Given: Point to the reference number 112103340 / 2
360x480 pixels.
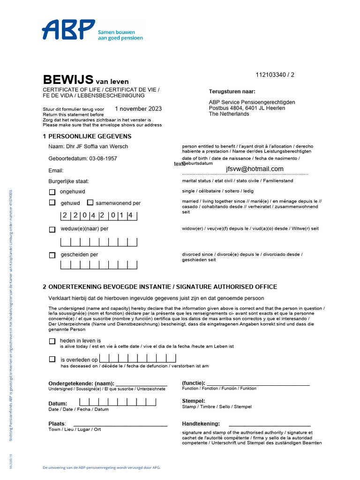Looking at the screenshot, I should point(275,75).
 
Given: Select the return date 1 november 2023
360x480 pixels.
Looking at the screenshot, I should point(138,109).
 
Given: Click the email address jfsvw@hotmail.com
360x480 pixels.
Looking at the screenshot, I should point(255,169).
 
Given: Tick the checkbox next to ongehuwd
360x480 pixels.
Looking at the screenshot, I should point(52,192).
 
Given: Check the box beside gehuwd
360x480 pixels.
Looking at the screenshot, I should point(52,203).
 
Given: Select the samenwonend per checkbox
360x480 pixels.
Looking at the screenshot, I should point(90,203).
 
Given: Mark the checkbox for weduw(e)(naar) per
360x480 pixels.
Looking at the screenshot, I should point(52,229).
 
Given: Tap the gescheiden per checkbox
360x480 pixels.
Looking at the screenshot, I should point(52,255).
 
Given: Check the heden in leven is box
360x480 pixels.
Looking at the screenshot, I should point(52,341).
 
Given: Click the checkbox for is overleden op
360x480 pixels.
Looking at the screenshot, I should point(52,359).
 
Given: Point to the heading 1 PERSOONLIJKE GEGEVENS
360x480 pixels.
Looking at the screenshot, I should point(87,136).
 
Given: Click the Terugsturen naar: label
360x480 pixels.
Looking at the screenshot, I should point(232,91).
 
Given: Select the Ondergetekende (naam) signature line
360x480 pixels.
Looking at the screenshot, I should point(142,384).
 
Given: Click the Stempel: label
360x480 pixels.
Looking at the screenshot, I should point(194,401).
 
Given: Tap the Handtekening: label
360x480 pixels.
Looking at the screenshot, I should point(201,424).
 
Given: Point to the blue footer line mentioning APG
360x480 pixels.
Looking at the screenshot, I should point(102,468).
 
